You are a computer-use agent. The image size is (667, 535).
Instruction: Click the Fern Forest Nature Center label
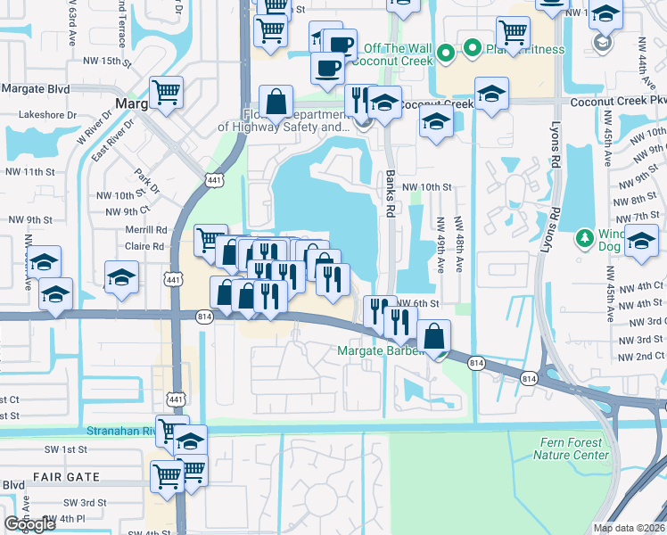(x=571, y=449)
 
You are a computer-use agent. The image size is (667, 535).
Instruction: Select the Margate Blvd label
(x=36, y=89)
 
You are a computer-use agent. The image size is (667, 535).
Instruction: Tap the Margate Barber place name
(x=383, y=350)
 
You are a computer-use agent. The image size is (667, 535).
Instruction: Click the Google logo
(x=30, y=524)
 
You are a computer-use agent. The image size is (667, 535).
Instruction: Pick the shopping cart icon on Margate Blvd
(x=167, y=91)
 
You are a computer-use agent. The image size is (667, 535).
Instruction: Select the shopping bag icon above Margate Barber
(x=433, y=336)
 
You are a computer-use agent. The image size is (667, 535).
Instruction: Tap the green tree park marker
(x=585, y=237)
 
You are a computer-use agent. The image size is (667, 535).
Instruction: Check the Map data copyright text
(x=630, y=528)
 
